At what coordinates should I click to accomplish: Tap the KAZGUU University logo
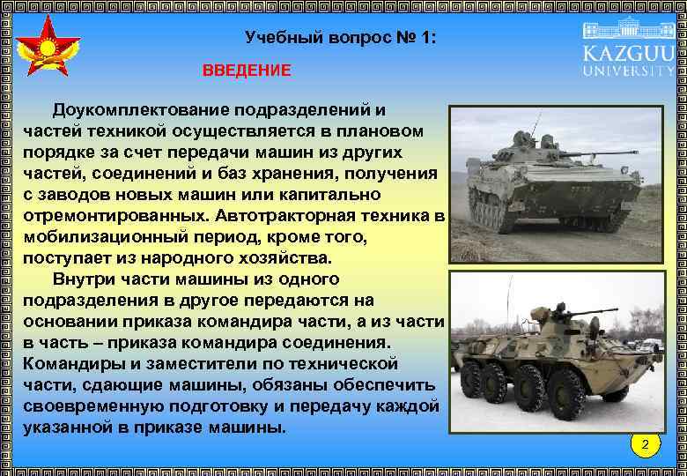click(629, 48)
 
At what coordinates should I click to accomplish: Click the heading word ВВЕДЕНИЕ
click(246, 71)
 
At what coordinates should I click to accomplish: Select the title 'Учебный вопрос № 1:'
click(340, 39)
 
